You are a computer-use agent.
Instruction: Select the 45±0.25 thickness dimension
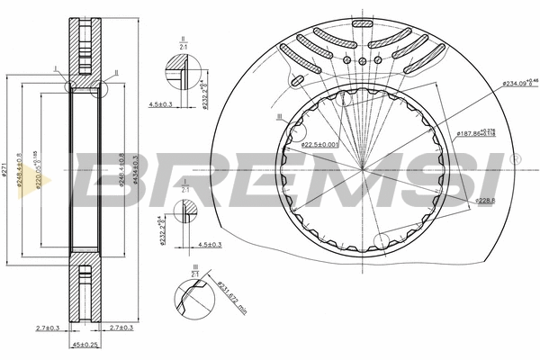85,344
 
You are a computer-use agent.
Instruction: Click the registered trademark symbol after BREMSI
514,158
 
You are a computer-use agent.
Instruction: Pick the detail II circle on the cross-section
100,88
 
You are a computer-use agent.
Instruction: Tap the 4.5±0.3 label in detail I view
208,244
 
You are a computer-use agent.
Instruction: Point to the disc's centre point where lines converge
362,167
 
